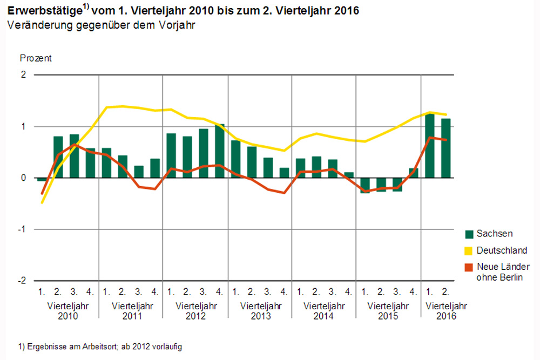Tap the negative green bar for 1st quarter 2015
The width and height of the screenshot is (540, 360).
point(365,186)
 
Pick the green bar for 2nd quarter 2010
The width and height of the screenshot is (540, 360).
point(58,157)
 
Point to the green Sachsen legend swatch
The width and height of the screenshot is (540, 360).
point(469,234)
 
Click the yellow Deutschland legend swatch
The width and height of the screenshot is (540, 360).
point(469,250)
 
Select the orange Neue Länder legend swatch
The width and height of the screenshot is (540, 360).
point(469,267)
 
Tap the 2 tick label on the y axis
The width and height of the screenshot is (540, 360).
point(23,75)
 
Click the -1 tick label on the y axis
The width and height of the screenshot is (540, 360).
point(22,229)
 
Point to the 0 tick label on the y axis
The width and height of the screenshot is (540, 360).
point(23,178)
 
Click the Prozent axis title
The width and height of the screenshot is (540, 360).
point(36,58)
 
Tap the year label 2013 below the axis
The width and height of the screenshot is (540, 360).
point(260,316)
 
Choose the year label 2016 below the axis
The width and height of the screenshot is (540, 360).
point(446,316)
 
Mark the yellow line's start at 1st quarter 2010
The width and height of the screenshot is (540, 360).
point(42,202)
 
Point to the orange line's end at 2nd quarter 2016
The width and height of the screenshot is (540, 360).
point(446,140)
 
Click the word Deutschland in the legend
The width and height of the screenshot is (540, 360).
point(502,250)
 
